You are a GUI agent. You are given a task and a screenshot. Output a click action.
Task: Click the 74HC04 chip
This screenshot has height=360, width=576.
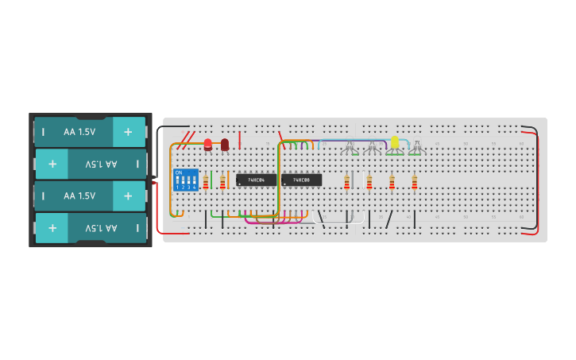pos(256,180)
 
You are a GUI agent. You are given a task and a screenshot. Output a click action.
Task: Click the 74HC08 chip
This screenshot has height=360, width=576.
pos(301,180)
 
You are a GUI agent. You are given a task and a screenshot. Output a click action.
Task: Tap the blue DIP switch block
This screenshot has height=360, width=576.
pos(186,180)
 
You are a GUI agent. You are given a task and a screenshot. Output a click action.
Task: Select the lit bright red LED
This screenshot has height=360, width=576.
pos(208,144)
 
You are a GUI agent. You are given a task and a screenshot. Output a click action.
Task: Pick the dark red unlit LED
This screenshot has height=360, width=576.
pos(225,144)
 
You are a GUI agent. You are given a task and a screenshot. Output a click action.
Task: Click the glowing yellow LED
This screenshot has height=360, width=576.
pos(394,142)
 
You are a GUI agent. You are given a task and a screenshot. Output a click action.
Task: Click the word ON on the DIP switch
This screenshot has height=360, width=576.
pos(178,172)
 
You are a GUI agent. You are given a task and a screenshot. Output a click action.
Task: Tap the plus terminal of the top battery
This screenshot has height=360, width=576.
pos(128,132)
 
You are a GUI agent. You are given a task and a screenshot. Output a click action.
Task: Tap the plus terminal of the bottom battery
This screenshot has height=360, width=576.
pos(52,227)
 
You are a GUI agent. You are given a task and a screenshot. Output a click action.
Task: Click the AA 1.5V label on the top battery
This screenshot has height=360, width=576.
pos(79,132)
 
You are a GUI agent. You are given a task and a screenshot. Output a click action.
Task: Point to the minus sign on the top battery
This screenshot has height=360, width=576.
pos(44,132)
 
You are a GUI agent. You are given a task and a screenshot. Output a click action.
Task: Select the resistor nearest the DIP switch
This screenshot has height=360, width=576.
pos(206,183)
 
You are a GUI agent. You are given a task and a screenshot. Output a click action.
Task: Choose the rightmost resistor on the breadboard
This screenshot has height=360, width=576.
pos(414,183)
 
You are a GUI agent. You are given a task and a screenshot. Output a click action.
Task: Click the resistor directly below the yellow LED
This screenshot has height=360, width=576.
pos(392,183)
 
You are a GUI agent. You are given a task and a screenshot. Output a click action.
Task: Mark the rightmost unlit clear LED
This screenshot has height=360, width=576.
pos(416,148)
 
